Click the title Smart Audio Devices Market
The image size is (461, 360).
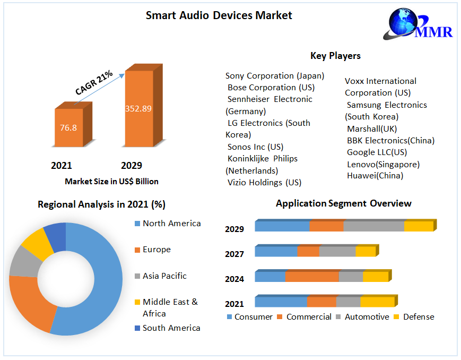tap(219, 15)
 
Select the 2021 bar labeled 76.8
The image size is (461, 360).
tap(68, 128)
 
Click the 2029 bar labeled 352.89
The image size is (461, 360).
tap(138, 109)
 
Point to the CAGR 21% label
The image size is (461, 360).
tap(93, 83)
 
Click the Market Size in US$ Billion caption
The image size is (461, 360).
tap(111, 182)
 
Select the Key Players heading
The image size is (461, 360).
tap(335, 56)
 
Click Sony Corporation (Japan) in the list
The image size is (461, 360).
tap(275, 76)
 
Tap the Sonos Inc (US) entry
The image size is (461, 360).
tap(256, 147)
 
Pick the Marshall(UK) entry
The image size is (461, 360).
tap(371, 128)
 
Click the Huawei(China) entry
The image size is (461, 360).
tap(375, 176)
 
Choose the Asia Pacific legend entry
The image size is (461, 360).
tap(164, 276)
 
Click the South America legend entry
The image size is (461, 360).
tap(171, 328)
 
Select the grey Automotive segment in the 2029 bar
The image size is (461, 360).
tap(373, 226)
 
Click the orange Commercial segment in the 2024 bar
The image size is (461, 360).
tap(312, 277)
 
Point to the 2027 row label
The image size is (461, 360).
tap(234, 254)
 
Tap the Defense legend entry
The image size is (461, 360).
tap(418, 317)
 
